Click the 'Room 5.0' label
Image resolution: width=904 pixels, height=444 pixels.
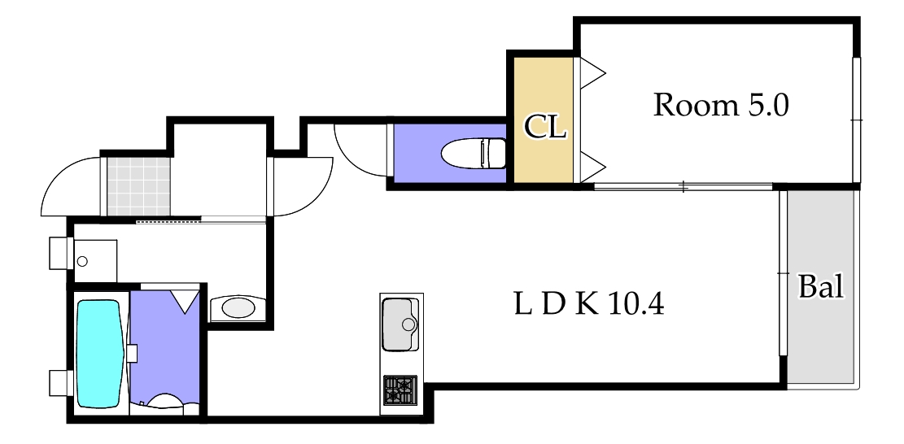[720, 106]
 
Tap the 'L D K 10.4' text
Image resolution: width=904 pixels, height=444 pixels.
[588, 303]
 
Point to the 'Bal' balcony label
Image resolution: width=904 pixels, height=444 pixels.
[821, 285]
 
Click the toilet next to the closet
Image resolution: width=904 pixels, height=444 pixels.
[474, 153]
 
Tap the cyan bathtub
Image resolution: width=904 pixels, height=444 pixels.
[100, 353]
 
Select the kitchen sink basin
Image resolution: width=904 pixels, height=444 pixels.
[400, 324]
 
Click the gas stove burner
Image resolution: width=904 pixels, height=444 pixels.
[400, 391]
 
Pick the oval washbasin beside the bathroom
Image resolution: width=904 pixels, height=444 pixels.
[238, 309]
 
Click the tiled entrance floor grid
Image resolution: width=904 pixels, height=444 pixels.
[139, 186]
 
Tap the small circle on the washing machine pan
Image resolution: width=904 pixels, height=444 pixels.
[82, 262]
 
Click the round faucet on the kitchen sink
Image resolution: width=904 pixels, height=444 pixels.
[408, 324]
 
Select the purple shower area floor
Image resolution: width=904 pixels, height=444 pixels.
[164, 348]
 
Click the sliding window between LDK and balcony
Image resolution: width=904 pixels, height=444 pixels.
[782, 273]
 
